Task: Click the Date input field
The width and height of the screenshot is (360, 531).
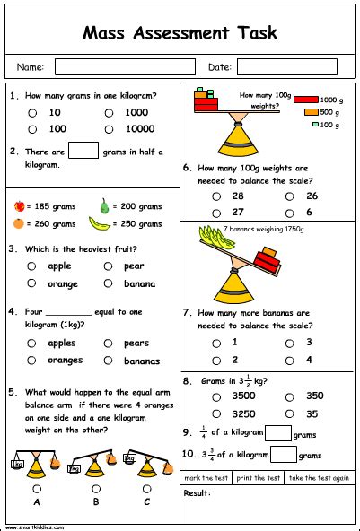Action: click(x=286, y=67)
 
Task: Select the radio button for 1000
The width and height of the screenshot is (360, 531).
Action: click(x=109, y=113)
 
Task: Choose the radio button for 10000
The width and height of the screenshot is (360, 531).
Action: click(x=109, y=129)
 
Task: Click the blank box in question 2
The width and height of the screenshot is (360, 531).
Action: click(x=83, y=151)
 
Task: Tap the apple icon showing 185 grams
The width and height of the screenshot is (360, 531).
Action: click(x=19, y=205)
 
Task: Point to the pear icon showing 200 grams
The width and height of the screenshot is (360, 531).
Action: click(x=104, y=205)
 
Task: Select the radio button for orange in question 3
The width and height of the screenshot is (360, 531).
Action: click(x=32, y=283)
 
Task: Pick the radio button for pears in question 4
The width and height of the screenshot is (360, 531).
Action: click(x=108, y=343)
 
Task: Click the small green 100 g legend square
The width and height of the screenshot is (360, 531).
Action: click(x=315, y=125)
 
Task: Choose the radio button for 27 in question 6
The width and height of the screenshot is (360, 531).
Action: click(x=215, y=213)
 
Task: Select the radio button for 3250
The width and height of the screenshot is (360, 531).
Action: click(x=215, y=414)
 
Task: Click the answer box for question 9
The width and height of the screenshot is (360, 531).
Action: click(x=279, y=433)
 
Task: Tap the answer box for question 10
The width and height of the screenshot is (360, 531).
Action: click(x=284, y=454)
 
